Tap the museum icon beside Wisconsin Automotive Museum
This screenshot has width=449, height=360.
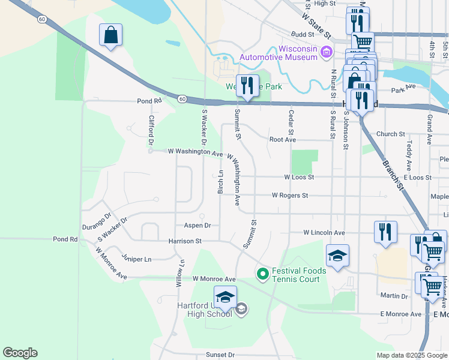pyautogui.click(x=327, y=53)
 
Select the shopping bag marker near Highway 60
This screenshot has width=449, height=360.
pyautogui.click(x=111, y=35)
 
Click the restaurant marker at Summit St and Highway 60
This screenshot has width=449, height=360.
pyautogui.click(x=247, y=86)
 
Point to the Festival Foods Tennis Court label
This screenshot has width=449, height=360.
pyautogui.click(x=299, y=275)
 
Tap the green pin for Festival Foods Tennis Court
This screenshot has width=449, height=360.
pyautogui.click(x=262, y=275)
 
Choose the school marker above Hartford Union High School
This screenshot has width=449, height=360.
pyautogui.click(x=225, y=297)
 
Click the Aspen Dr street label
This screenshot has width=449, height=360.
pyautogui.click(x=197, y=226)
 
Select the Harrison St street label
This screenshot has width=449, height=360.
pyautogui.click(x=185, y=241)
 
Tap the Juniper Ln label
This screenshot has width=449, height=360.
pyautogui.click(x=136, y=259)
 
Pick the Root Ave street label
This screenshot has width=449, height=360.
pyautogui.click(x=283, y=140)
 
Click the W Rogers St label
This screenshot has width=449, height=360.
pyautogui.click(x=289, y=196)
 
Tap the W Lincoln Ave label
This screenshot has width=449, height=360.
pyautogui.click(x=324, y=232)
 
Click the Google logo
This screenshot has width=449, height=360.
pyautogui.click(x=20, y=353)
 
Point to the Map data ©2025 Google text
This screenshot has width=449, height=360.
pyautogui.click(x=412, y=355)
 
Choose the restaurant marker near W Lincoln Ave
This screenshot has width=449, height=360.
pyautogui.click(x=385, y=232)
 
